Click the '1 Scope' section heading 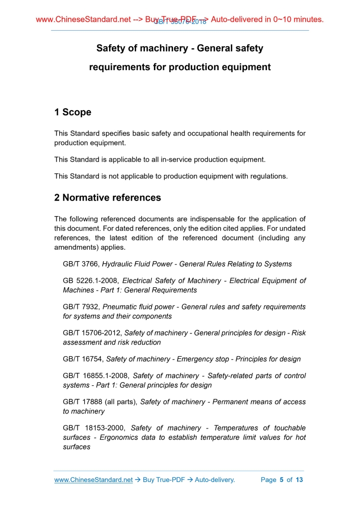pos(73,112)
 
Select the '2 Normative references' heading pos(108,198)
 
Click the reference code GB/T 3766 pos(81,264)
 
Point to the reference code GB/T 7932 pos(81,307)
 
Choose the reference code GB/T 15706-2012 pos(92,333)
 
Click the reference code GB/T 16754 pos(83,359)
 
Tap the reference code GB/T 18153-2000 pos(95,428)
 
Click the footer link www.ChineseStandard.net pos(94,480)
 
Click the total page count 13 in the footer pos(299,480)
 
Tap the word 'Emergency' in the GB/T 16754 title pos(194,359)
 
